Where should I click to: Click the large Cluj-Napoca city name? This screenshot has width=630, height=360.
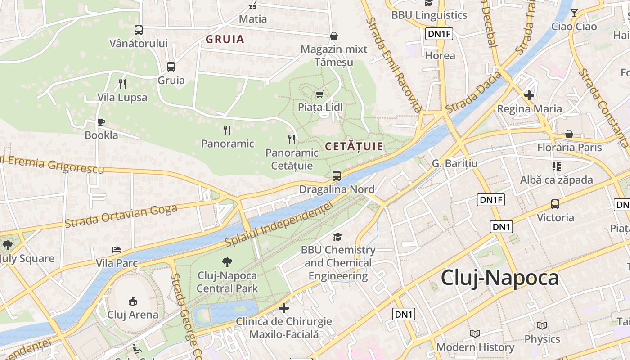pyautogui.click(x=499, y=278)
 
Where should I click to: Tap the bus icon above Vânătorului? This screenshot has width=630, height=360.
pyautogui.click(x=139, y=30)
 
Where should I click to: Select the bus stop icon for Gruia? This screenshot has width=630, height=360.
pyautogui.click(x=171, y=67)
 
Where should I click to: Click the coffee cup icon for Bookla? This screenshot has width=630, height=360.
pyautogui.click(x=101, y=122)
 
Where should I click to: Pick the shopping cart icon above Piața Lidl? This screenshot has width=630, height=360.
pyautogui.click(x=320, y=94)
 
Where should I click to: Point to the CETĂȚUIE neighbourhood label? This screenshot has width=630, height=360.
pyautogui.click(x=354, y=146)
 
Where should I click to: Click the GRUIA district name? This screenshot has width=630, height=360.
pyautogui.click(x=225, y=39)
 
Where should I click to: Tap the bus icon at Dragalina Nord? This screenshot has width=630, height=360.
pyautogui.click(x=337, y=176)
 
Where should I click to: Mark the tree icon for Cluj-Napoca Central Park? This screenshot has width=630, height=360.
pyautogui.click(x=227, y=262)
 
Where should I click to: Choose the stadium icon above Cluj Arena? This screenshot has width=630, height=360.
pyautogui.click(x=132, y=301)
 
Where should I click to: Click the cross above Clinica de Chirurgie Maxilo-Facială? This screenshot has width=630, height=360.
pyautogui.click(x=284, y=308)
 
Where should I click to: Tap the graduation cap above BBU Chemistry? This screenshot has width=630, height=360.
pyautogui.click(x=337, y=237)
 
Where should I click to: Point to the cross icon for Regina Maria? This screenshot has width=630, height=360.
pyautogui.click(x=529, y=95)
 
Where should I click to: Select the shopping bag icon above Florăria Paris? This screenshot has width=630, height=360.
pyautogui.click(x=569, y=134)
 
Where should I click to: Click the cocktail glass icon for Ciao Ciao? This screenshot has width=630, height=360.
pyautogui.click(x=574, y=13)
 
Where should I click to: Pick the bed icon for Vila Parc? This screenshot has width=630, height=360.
pyautogui.click(x=117, y=250)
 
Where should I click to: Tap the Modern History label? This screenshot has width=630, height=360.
pyautogui.click(x=475, y=347)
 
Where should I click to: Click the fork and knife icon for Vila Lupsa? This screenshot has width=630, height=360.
pyautogui.click(x=122, y=84)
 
